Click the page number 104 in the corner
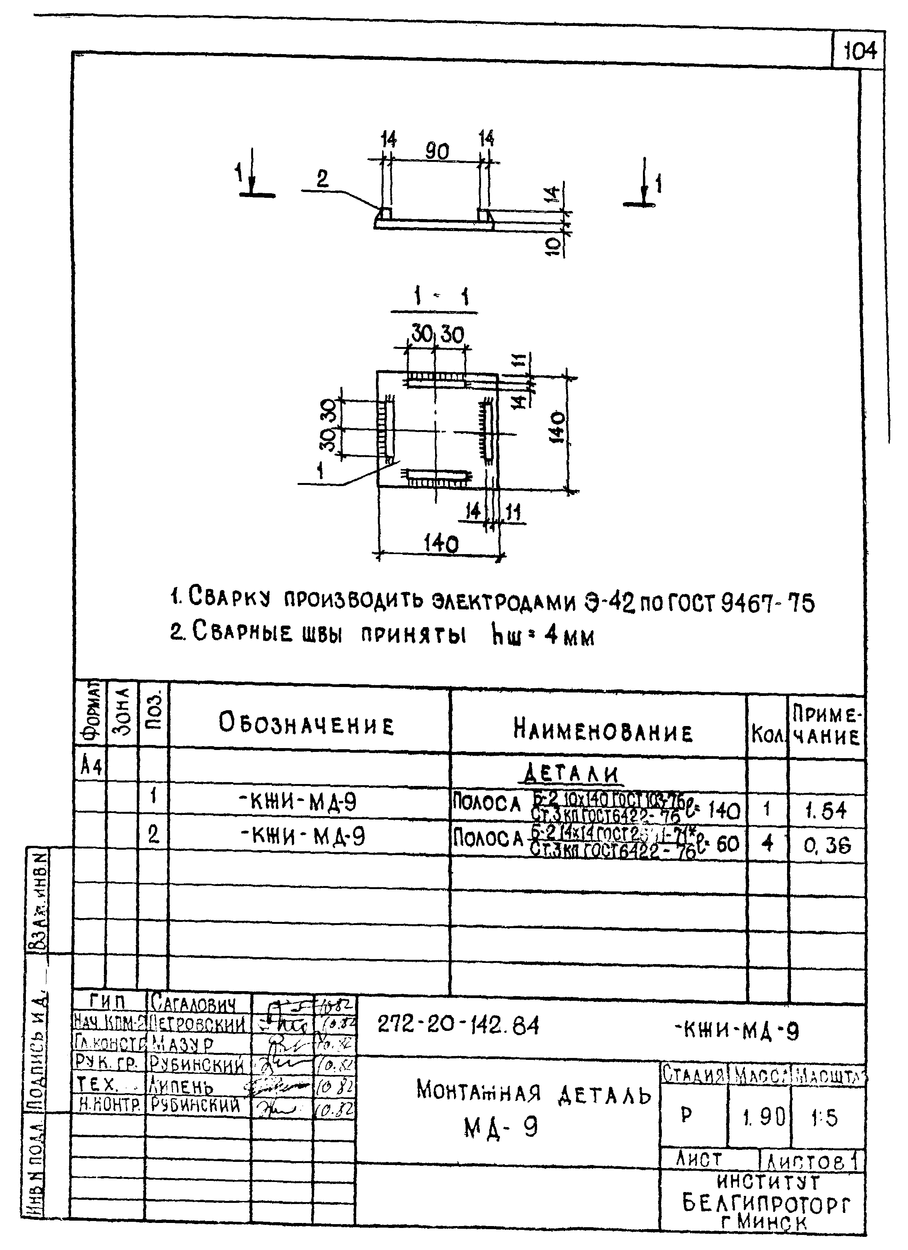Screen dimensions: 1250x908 [x=860, y=51]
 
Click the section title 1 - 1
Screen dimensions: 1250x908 [x=435, y=298]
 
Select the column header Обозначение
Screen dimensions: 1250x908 [x=306, y=724]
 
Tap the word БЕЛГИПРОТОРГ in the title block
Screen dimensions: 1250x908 [x=766, y=1203]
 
